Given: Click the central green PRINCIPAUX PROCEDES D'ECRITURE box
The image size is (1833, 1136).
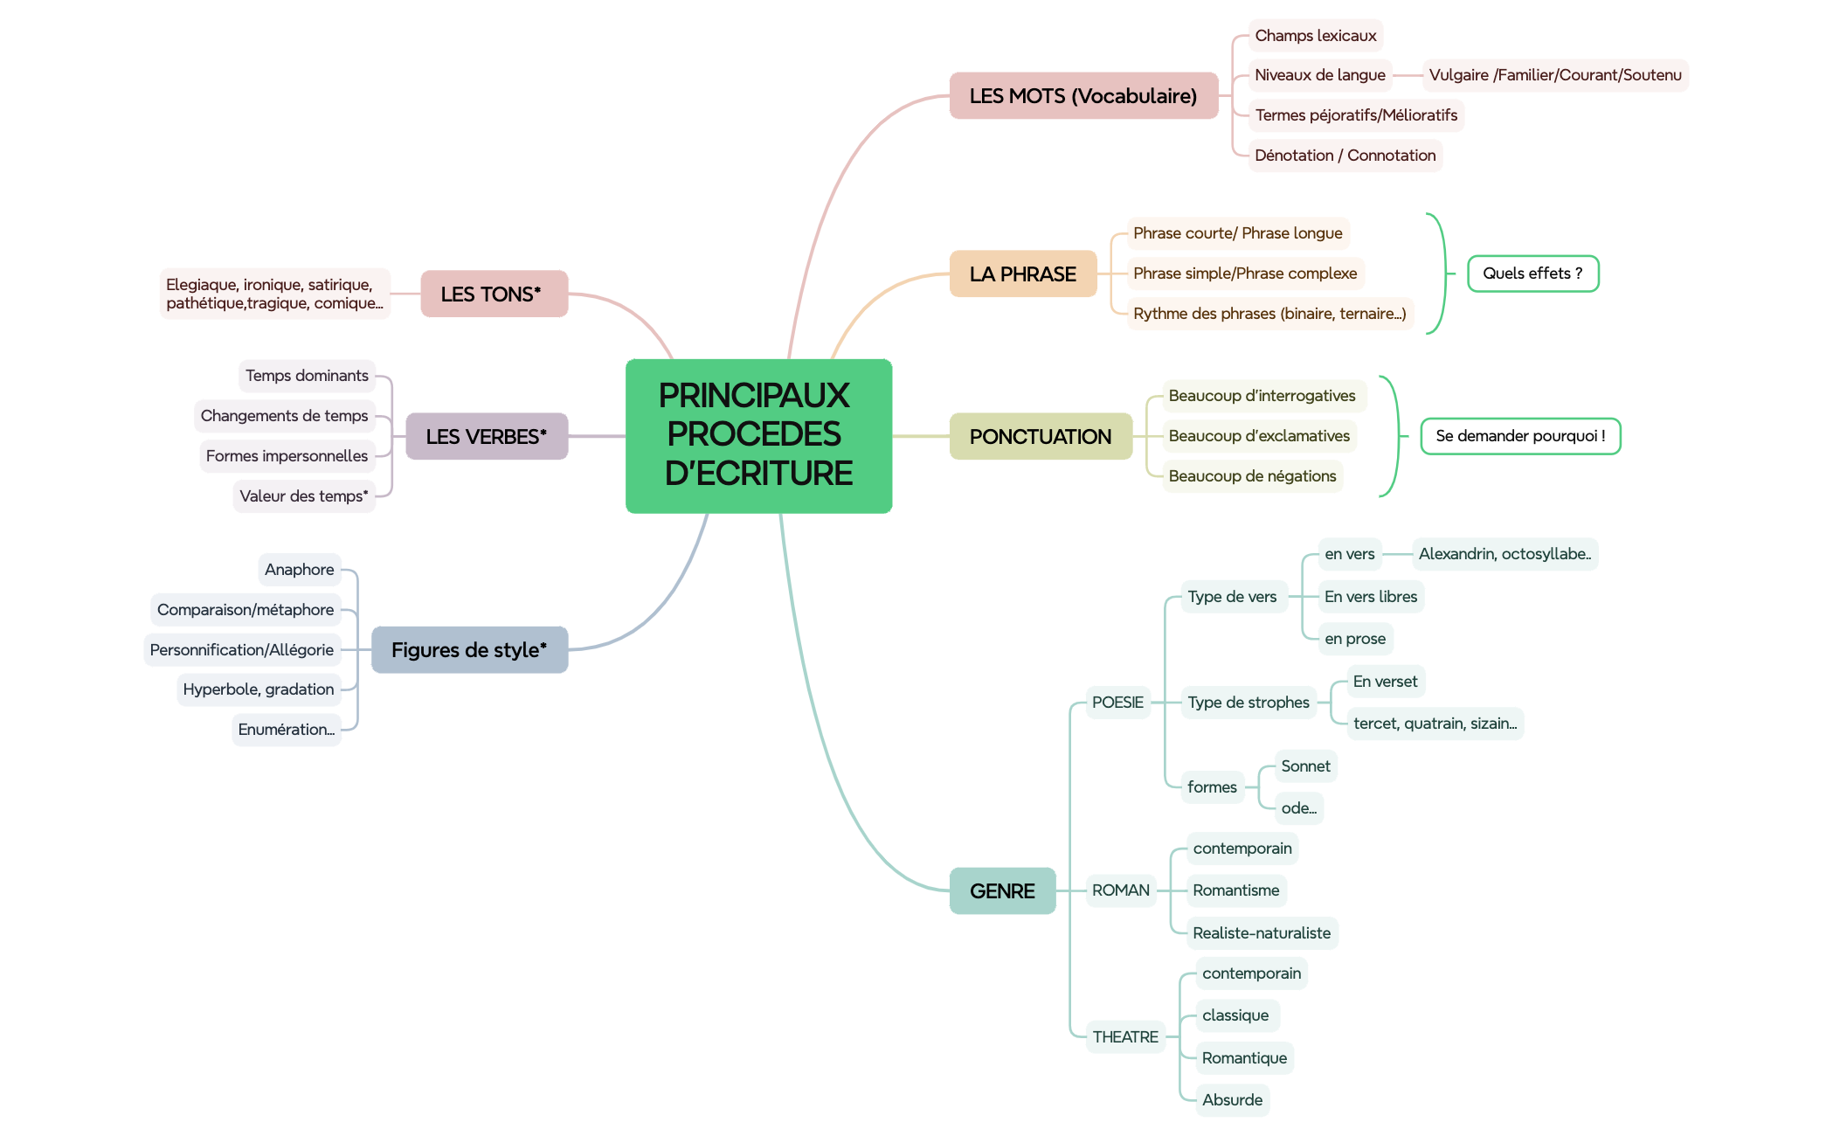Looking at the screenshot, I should [758, 435].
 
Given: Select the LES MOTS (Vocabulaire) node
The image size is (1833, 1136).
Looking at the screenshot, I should [1083, 96].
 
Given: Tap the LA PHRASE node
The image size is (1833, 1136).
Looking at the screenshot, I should [1022, 274].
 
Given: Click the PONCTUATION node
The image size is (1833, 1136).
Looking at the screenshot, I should [1040, 436].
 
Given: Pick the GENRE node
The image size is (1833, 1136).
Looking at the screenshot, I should [1002, 890].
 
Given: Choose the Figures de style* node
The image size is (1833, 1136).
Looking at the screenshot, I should [469, 650].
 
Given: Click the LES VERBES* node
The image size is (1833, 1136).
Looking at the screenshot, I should [487, 436].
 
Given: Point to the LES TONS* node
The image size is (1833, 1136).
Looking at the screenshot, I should [494, 294].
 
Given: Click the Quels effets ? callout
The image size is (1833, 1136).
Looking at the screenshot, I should [1532, 274].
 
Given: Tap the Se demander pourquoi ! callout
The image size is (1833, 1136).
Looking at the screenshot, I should [1519, 436].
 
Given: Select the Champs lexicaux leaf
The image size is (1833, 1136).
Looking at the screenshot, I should [1315, 36].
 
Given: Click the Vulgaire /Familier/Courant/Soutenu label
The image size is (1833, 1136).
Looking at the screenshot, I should [1554, 75].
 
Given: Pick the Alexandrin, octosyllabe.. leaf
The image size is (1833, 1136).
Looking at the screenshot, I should [1504, 554].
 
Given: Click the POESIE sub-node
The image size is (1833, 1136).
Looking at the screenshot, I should [1117, 703].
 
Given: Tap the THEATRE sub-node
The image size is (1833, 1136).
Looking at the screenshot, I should [1124, 1037].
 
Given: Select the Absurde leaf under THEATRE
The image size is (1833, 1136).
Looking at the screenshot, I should [1232, 1100].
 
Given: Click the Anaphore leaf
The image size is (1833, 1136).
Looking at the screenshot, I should [299, 570].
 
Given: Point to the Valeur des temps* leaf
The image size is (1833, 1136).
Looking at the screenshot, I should [303, 496].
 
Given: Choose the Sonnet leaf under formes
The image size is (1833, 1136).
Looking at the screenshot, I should [1305, 766].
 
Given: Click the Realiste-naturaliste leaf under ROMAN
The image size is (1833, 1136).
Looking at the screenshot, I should [1261, 933].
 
